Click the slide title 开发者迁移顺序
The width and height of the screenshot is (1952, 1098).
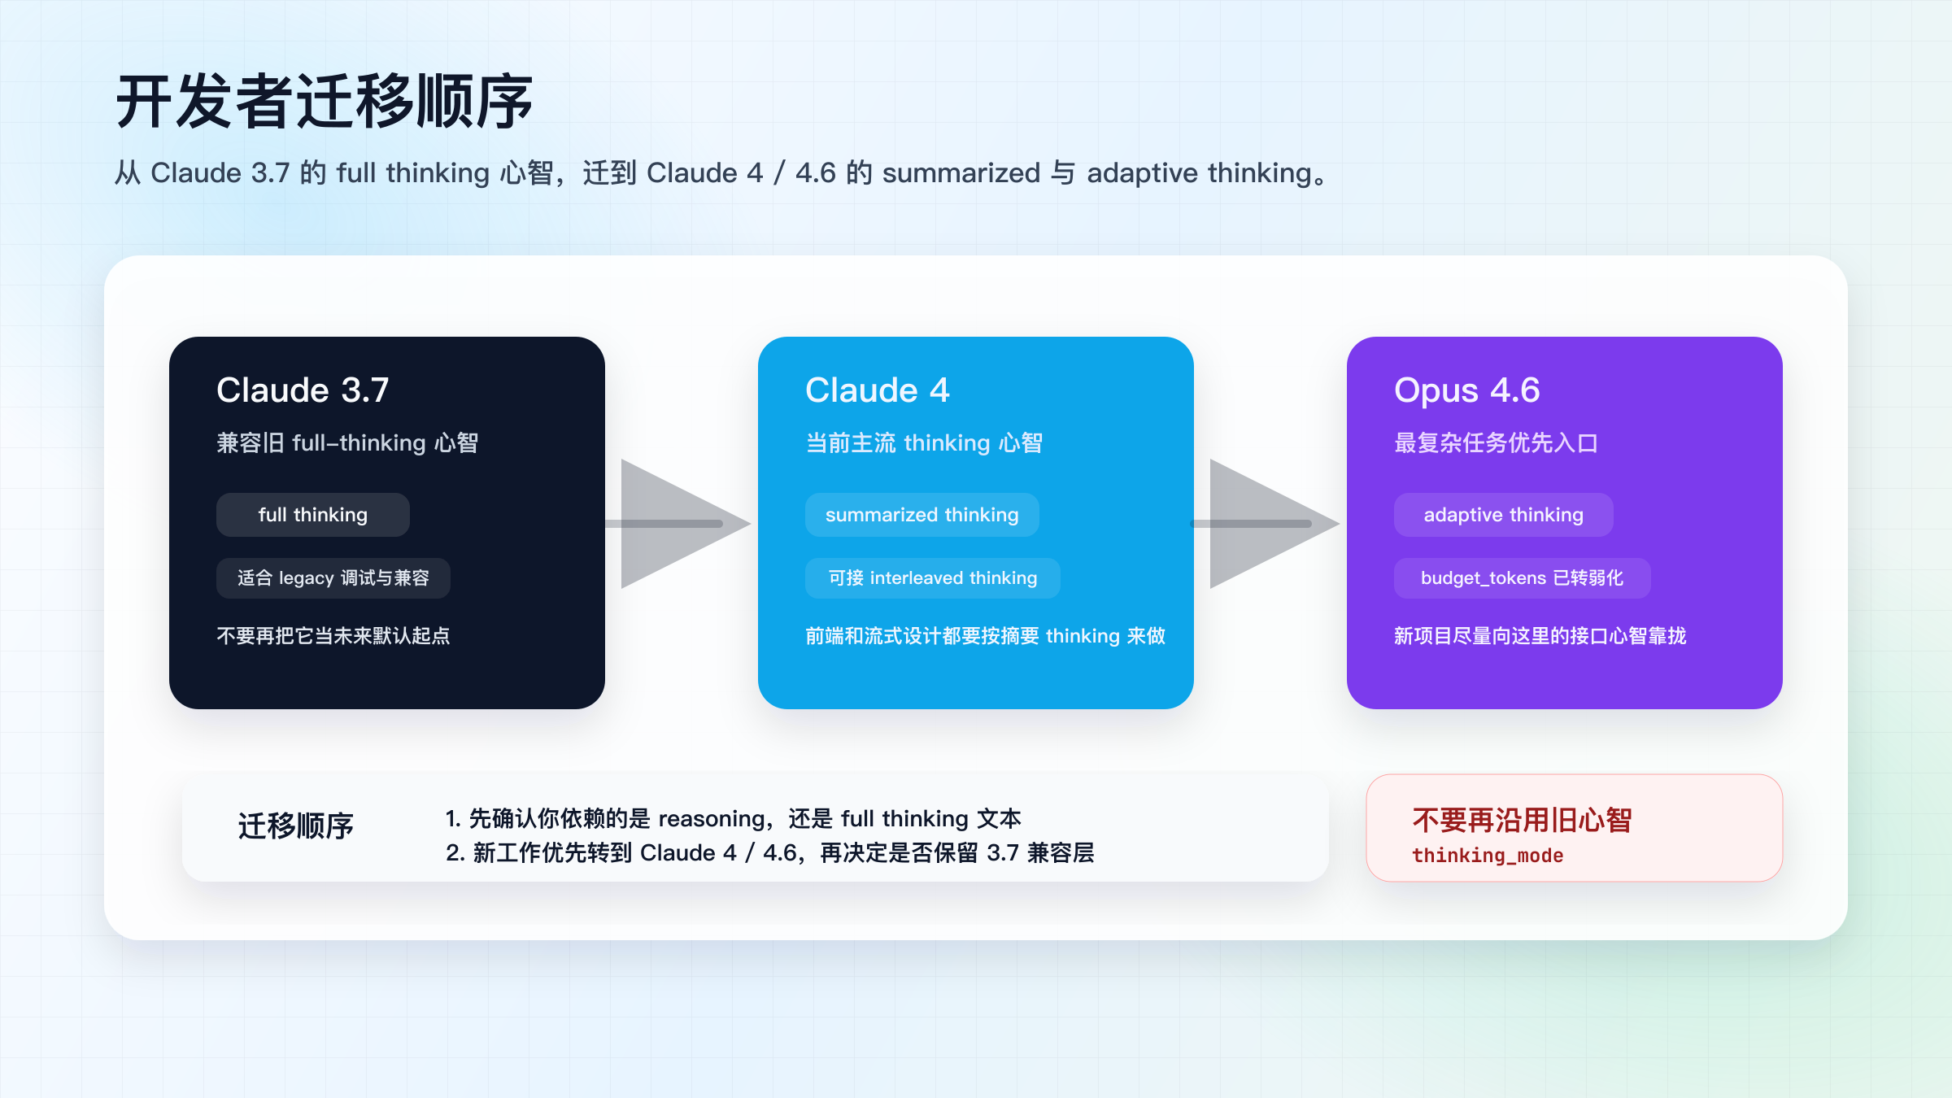[x=324, y=102]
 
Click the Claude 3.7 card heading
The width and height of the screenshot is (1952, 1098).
[x=303, y=390]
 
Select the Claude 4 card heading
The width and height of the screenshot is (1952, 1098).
[x=877, y=390]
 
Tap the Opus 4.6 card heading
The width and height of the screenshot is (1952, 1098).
[x=1466, y=390]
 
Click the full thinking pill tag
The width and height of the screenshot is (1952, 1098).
[x=312, y=515]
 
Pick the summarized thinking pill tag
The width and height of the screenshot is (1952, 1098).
[x=922, y=515]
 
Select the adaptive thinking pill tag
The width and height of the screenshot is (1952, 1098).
[x=1503, y=515]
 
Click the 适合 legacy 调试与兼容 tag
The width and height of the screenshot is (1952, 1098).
[x=333, y=578]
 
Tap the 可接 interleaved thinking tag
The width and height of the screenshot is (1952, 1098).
[x=932, y=578]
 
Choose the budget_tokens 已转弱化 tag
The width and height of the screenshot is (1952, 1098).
[x=1522, y=578]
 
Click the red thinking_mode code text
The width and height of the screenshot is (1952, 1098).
[x=1488, y=856]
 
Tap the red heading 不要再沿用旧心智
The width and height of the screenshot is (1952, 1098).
[x=1522, y=820]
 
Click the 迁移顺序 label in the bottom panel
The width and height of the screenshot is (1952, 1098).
[x=295, y=826]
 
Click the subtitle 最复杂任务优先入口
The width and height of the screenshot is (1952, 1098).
[x=1496, y=443]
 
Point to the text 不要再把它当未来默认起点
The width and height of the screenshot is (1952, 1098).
[x=333, y=636]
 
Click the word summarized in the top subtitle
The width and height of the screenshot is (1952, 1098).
[x=961, y=173]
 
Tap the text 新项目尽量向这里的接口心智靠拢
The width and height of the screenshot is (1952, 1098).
[x=1540, y=636]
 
